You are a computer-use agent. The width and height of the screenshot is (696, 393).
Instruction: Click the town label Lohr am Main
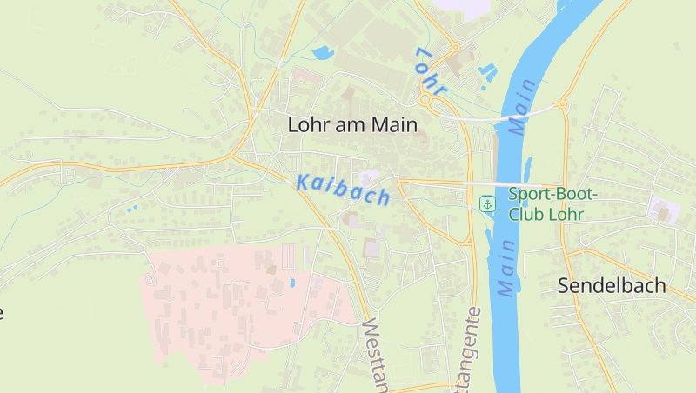(352, 125)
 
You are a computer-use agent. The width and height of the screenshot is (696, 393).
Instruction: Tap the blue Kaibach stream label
(343, 190)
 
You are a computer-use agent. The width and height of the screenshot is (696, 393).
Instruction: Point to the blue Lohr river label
(431, 70)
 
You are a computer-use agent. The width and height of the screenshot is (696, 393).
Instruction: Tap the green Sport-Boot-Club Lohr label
(546, 204)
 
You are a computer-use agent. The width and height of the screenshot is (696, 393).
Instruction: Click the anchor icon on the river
(487, 203)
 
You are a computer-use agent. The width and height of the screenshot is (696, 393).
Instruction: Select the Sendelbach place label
(612, 285)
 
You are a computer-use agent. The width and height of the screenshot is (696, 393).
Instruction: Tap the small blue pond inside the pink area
(292, 283)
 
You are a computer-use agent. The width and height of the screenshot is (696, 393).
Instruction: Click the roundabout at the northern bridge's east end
(562, 105)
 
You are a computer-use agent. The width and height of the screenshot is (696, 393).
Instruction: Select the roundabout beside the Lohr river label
(426, 101)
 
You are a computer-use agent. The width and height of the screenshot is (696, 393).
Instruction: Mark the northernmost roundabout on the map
(454, 47)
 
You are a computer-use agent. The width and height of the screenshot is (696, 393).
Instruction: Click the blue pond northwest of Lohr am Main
(322, 52)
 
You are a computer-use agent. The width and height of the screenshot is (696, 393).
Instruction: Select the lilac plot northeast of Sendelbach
(664, 209)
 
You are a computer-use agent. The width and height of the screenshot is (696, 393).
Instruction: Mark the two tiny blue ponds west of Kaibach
(131, 209)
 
